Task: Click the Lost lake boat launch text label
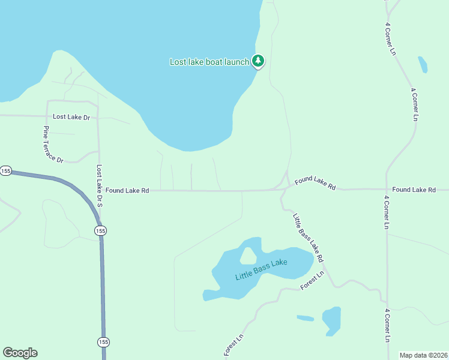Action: pos(209,62)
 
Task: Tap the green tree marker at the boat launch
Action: pos(258,61)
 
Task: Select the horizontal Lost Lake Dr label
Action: pos(71,117)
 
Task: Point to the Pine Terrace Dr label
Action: pos(53,145)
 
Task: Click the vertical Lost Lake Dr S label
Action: pos(100,187)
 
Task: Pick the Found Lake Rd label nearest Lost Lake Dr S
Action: pos(127,190)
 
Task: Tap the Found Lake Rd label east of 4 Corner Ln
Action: pos(414,190)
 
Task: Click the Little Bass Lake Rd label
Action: pos(309,238)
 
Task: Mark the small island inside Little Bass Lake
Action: pos(247,256)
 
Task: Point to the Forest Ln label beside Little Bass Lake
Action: pos(313,280)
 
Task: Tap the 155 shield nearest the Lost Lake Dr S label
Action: pos(100,230)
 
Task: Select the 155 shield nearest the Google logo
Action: pos(103,341)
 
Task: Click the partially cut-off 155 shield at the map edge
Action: pos(5,171)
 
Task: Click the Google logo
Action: pos(20,353)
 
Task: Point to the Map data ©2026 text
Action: pos(423,355)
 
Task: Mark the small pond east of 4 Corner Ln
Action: pos(423,64)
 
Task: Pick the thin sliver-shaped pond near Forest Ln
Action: pos(305,318)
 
